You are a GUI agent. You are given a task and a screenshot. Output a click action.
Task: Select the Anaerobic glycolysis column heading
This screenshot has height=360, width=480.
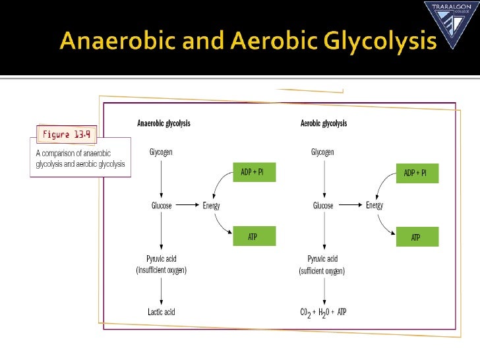[164, 123]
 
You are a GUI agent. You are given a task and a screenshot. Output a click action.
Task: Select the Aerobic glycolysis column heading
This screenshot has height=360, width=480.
[323, 123]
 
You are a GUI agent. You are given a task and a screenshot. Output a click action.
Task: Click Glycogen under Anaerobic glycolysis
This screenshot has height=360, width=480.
[161, 152]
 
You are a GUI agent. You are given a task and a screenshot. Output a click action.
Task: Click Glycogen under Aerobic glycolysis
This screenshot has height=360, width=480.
[322, 152]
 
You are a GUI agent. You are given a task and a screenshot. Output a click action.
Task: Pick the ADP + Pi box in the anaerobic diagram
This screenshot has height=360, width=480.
[253, 174]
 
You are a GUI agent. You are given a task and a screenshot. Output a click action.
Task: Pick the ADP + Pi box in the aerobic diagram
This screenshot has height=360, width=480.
[415, 174]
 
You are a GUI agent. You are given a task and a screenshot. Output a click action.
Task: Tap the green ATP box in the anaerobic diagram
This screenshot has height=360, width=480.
[254, 237]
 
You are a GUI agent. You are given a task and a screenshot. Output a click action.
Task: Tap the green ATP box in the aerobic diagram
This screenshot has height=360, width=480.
[415, 237]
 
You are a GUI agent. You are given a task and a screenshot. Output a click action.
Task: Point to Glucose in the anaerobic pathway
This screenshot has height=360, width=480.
[162, 206]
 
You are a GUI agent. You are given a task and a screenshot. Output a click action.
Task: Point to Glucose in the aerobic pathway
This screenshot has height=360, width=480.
[323, 206]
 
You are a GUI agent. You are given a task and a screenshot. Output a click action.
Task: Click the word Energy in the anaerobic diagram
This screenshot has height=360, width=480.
[211, 206]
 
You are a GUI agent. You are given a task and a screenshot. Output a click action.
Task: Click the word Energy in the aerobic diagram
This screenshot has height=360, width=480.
[375, 206]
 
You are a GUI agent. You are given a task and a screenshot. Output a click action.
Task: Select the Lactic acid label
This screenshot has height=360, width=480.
[161, 312]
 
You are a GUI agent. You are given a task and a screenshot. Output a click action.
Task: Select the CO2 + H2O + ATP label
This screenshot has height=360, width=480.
[323, 312]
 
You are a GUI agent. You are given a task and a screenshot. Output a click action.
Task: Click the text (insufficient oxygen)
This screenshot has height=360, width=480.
[161, 271]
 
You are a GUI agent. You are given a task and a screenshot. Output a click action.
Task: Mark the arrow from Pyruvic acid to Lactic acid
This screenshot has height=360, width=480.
[161, 290]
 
